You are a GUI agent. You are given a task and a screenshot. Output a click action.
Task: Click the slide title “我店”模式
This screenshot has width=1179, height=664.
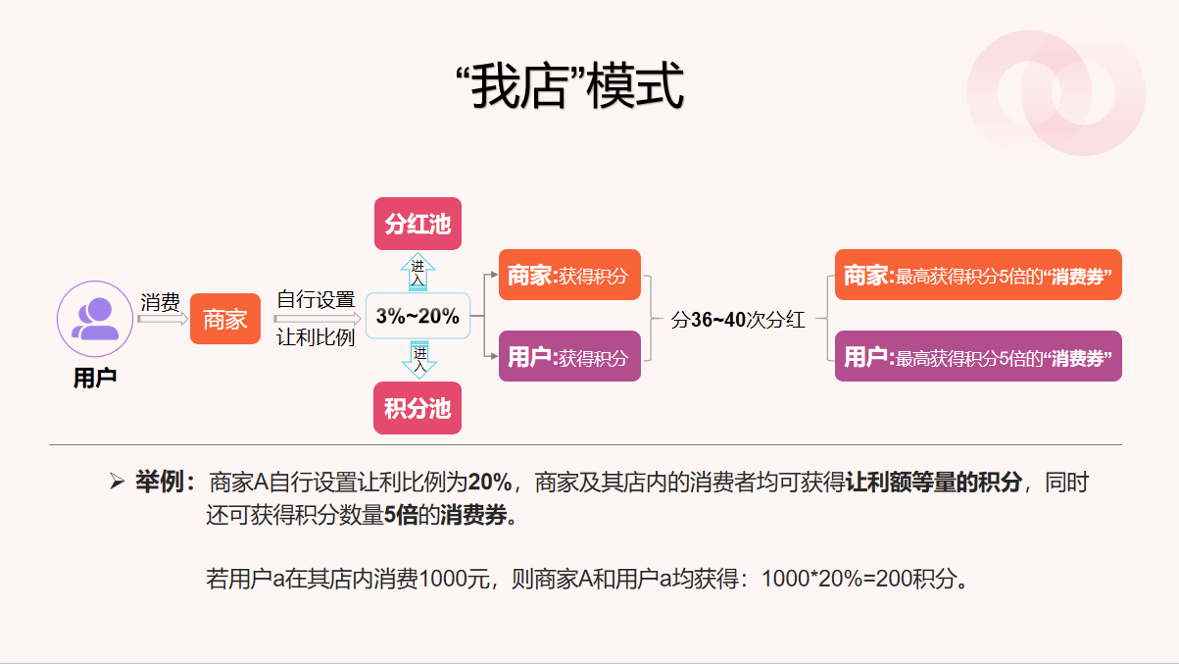click(570, 86)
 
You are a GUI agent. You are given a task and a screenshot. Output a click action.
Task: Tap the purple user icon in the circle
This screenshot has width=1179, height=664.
click(95, 319)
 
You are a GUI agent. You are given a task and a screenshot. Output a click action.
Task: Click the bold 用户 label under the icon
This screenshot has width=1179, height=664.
click(95, 378)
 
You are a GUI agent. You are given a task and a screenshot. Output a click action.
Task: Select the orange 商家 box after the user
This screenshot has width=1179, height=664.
click(225, 319)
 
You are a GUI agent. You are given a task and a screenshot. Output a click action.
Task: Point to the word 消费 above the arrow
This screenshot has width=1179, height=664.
click(160, 302)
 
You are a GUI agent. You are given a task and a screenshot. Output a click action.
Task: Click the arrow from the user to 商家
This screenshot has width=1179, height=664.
click(163, 319)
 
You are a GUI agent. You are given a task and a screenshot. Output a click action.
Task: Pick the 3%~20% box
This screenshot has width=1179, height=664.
click(418, 316)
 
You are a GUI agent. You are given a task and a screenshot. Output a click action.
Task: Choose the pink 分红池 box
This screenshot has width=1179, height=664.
click(418, 224)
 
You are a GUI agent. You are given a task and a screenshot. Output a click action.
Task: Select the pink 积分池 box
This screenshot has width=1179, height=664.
click(418, 408)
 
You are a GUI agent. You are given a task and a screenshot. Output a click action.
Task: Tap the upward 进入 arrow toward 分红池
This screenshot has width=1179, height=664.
click(418, 272)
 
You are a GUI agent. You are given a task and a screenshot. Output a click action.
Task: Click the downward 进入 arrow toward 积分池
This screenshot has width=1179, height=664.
click(418, 360)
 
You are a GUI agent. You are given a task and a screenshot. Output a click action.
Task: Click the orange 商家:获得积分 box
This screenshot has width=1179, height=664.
click(569, 275)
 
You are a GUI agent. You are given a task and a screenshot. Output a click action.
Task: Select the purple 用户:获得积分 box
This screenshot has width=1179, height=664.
click(569, 356)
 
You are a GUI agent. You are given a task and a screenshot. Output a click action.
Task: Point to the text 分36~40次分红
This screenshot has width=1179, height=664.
click(738, 320)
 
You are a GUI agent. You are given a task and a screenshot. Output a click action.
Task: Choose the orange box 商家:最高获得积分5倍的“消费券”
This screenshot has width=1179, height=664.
click(978, 275)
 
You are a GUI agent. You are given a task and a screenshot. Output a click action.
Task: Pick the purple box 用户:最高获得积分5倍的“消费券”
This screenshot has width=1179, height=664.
click(978, 356)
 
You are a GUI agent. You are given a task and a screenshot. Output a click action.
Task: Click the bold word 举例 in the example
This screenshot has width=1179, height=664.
click(159, 482)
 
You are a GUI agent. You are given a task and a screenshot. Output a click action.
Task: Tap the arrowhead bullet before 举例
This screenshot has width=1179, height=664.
click(117, 481)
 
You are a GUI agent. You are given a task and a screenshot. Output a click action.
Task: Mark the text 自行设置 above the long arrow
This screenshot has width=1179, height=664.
click(316, 299)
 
